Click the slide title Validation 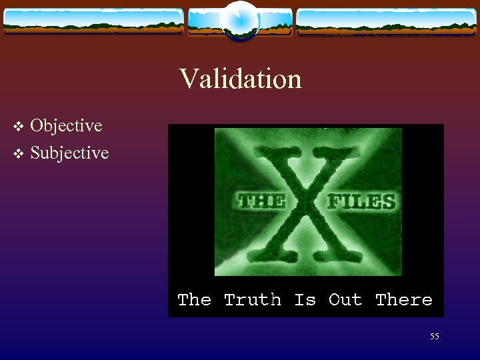pos(240,79)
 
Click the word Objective pos(66,125)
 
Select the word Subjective pos(69,153)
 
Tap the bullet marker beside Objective pos(19,126)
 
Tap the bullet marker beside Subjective pos(19,154)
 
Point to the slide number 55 pos(434,337)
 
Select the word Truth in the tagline pos(253,300)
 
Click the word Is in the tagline pos(305,300)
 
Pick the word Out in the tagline pos(345,300)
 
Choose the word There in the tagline pos(403,300)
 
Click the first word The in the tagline pos(194,300)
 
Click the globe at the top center pos(240,20)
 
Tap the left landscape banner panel pos(93,21)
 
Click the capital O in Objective pos(37,125)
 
